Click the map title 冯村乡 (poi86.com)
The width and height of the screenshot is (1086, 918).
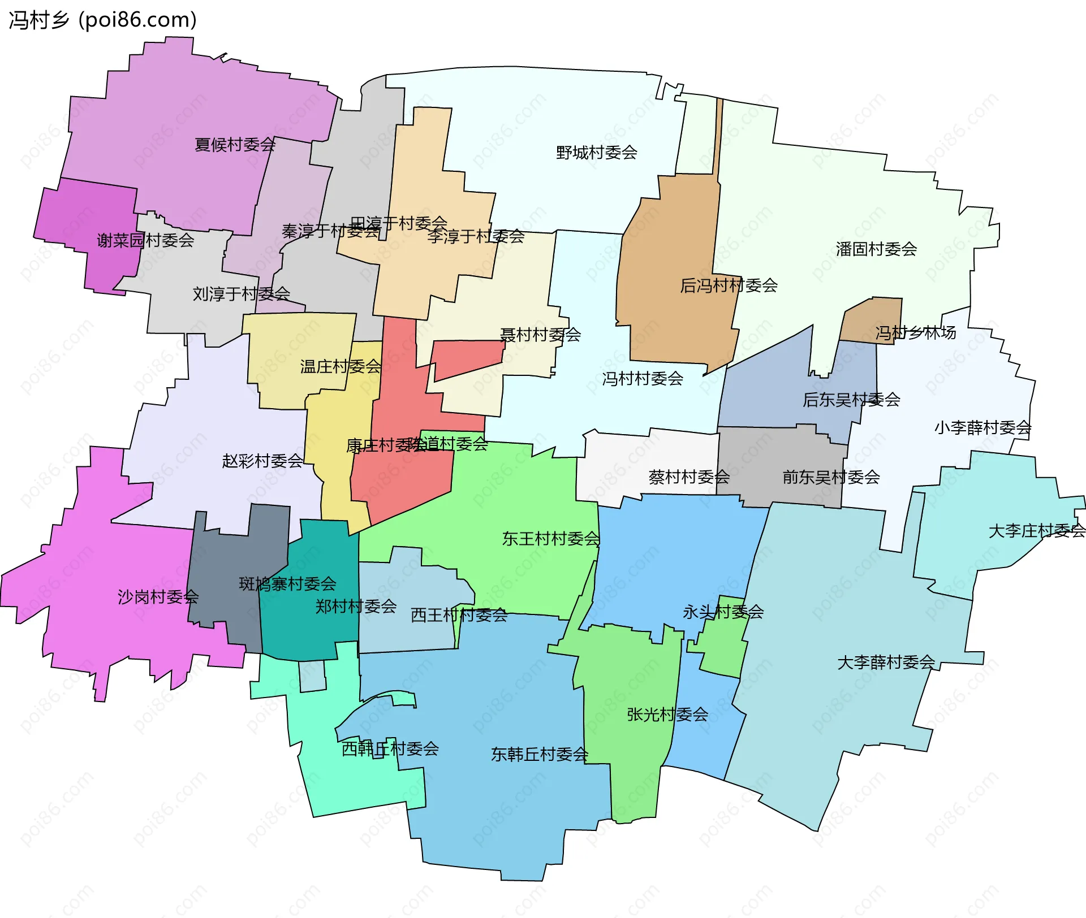(x=102, y=20)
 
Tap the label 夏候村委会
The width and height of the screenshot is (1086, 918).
(x=235, y=145)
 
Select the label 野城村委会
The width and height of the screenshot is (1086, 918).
(x=596, y=153)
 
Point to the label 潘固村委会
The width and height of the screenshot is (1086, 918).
(x=876, y=249)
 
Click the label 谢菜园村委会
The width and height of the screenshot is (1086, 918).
(x=145, y=241)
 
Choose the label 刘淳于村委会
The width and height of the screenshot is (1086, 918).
(x=241, y=294)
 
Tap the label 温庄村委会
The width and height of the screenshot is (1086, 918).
(x=341, y=367)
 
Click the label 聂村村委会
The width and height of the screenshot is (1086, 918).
(x=540, y=335)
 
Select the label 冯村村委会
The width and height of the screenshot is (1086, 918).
(x=643, y=379)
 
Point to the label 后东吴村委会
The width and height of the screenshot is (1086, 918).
(x=851, y=400)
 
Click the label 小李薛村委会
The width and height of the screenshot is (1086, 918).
(x=982, y=428)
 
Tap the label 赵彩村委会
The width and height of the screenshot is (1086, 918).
(x=262, y=461)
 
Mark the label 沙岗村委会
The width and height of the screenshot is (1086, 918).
(x=158, y=597)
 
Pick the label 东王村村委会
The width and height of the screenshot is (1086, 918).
(x=551, y=539)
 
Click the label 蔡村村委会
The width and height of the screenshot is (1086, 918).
(x=689, y=478)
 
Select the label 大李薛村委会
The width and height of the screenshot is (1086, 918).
(x=886, y=662)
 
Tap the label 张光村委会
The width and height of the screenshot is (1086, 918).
(x=667, y=715)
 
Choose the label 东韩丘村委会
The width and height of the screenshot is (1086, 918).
(x=540, y=755)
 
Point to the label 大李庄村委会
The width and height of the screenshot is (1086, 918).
(x=1036, y=531)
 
